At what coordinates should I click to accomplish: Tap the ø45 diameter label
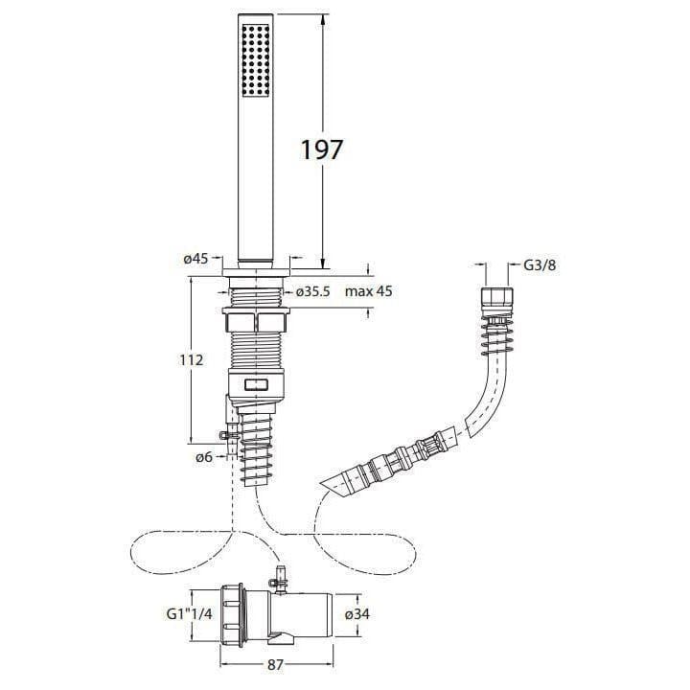coord(196,259)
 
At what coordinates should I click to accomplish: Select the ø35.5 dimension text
coord(313,291)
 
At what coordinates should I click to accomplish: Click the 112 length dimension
coord(191,360)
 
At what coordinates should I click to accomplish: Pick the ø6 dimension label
coord(202,458)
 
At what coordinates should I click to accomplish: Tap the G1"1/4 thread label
coord(183,613)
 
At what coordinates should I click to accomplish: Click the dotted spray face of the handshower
coord(256,60)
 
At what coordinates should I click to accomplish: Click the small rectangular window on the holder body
coord(257,386)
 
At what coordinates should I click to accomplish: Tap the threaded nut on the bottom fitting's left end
coord(233,613)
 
